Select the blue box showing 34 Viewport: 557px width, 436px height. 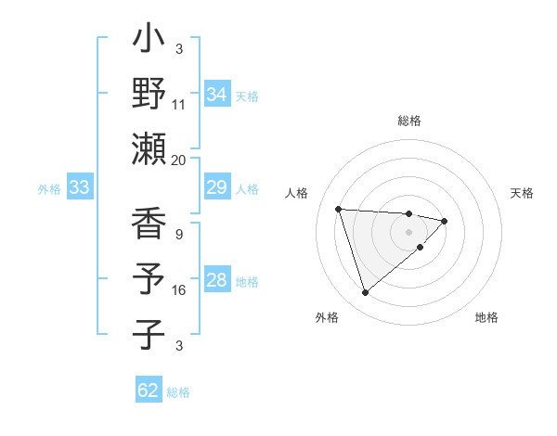click(x=217, y=95)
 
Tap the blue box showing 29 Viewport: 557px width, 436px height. click(x=217, y=188)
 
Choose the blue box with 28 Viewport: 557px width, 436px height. click(x=217, y=281)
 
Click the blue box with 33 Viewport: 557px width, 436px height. click(x=80, y=188)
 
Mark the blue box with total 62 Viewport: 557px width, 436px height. click(x=149, y=391)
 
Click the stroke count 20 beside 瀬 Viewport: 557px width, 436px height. click(x=178, y=160)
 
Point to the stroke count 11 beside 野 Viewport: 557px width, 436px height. click(x=178, y=105)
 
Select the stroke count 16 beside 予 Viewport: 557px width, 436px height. click(x=179, y=290)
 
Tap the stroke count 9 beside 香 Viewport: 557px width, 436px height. click(x=178, y=235)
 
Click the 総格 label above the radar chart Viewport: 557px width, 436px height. click(x=409, y=122)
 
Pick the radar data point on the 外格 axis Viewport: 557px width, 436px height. click(x=365, y=293)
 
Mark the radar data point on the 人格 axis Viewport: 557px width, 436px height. click(x=339, y=208)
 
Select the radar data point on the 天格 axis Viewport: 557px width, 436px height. click(x=445, y=221)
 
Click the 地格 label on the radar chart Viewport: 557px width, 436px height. click(x=486, y=317)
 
